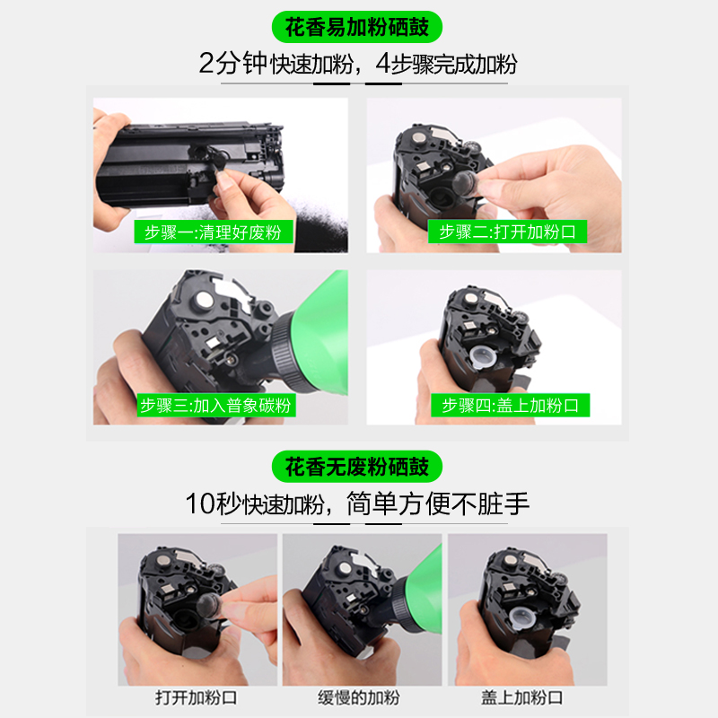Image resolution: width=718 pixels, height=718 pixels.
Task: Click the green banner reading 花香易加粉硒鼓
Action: pos(356,27)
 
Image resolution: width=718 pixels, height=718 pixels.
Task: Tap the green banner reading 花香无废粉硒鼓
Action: pos(356,467)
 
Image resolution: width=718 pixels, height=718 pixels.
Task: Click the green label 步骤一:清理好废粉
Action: pos(214,232)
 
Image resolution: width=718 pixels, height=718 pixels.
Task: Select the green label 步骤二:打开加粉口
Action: pos(507,232)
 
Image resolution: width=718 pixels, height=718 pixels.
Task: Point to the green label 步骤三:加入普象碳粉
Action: pos(216,406)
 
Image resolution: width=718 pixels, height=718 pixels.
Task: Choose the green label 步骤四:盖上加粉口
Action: pos(510,406)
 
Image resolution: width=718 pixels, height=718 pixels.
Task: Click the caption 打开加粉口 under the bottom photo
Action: pos(197,698)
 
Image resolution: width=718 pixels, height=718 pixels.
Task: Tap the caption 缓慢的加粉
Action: pos(359,698)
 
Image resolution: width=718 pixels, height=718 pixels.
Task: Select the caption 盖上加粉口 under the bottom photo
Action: pos(522,698)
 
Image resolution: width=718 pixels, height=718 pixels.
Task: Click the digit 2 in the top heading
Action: pos(206,63)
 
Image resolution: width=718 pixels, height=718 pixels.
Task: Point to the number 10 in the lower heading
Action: pos(200,503)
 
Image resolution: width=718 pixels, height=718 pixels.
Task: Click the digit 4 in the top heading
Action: pos(383,63)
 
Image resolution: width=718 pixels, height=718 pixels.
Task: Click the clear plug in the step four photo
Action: pos(482,356)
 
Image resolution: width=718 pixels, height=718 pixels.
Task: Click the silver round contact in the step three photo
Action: pos(205,301)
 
